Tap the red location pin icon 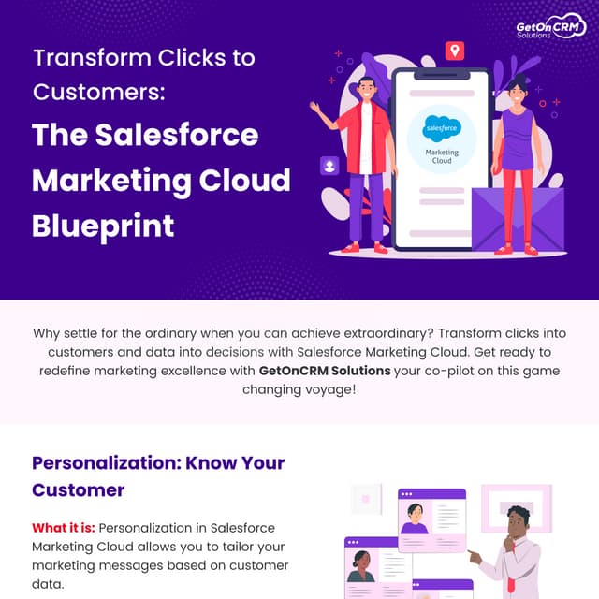click(x=455, y=51)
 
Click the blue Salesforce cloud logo click(x=442, y=126)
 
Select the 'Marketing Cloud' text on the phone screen click(x=442, y=155)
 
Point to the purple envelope click(x=517, y=219)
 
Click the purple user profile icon click(x=329, y=166)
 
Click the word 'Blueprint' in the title click(x=103, y=225)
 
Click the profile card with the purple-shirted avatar click(x=431, y=519)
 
